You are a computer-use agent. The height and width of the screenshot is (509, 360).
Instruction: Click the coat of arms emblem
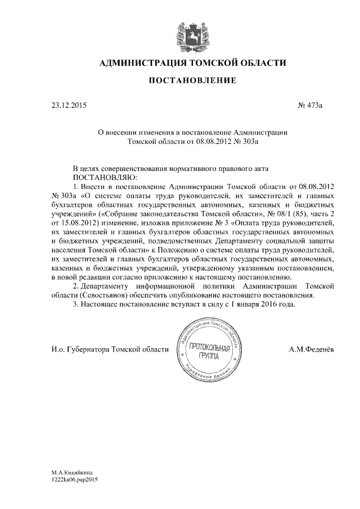pos(192,33)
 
